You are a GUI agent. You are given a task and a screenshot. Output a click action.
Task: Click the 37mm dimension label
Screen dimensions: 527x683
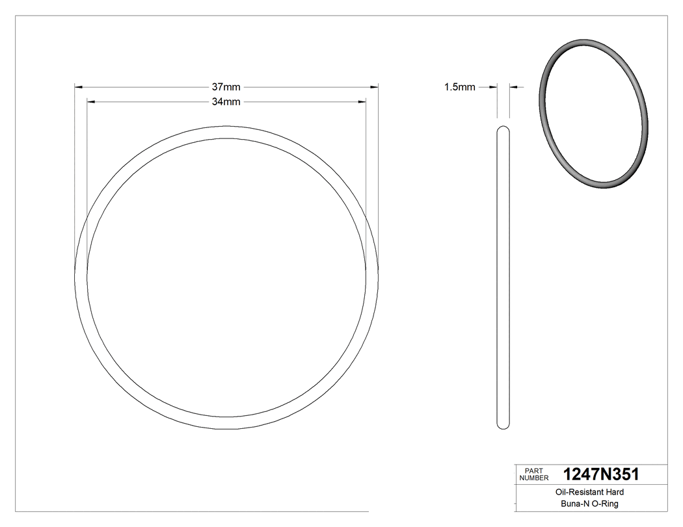click(226, 86)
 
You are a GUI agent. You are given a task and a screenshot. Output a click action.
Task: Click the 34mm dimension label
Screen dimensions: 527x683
click(226, 102)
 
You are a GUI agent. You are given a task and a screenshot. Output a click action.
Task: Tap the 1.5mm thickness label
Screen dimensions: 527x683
click(459, 86)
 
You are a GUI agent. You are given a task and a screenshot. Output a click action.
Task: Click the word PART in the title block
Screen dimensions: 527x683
click(533, 470)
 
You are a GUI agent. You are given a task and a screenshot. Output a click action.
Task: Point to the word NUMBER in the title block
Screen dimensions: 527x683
click(535, 478)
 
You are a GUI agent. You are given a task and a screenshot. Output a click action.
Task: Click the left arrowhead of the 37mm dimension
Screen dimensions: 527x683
click(79, 86)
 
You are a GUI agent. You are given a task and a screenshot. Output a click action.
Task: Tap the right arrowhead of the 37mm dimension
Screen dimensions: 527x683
click(375, 86)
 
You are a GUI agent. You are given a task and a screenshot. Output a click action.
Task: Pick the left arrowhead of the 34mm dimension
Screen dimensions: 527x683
click(91, 102)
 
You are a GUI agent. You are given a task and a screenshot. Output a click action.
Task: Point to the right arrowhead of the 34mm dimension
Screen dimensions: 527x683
click(362, 102)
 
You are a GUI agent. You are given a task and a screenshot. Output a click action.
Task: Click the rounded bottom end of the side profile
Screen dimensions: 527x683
click(503, 426)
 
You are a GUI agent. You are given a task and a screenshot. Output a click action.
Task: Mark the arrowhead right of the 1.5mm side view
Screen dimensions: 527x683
click(513, 86)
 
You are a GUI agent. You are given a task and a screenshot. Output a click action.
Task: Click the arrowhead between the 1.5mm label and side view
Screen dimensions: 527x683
click(494, 86)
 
